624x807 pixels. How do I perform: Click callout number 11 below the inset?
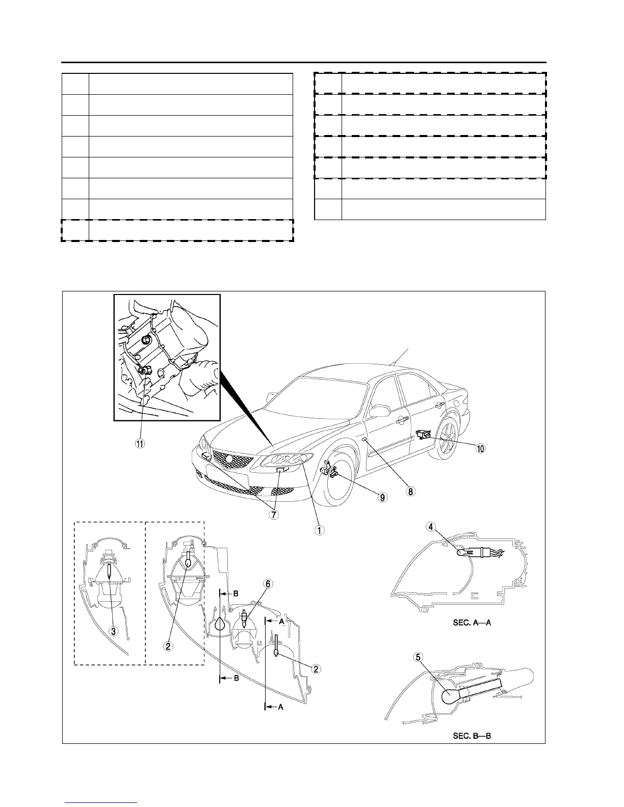pos(139,443)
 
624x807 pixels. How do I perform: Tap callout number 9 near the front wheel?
pos(382,497)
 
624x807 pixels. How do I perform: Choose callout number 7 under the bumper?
pos(274,514)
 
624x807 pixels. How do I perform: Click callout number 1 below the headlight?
pos(319,530)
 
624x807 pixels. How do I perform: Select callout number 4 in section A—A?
pos(431,527)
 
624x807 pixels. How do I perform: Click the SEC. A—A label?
pos(472,623)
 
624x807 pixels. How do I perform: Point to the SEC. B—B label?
pos(472,736)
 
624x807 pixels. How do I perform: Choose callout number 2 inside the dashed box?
pos(167,645)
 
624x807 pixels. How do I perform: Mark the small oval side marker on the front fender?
pos(363,439)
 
